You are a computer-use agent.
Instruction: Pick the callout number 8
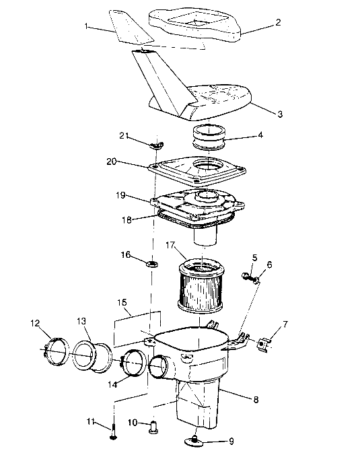255,399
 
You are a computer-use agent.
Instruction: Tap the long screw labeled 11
112,431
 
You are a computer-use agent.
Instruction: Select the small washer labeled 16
151,260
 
